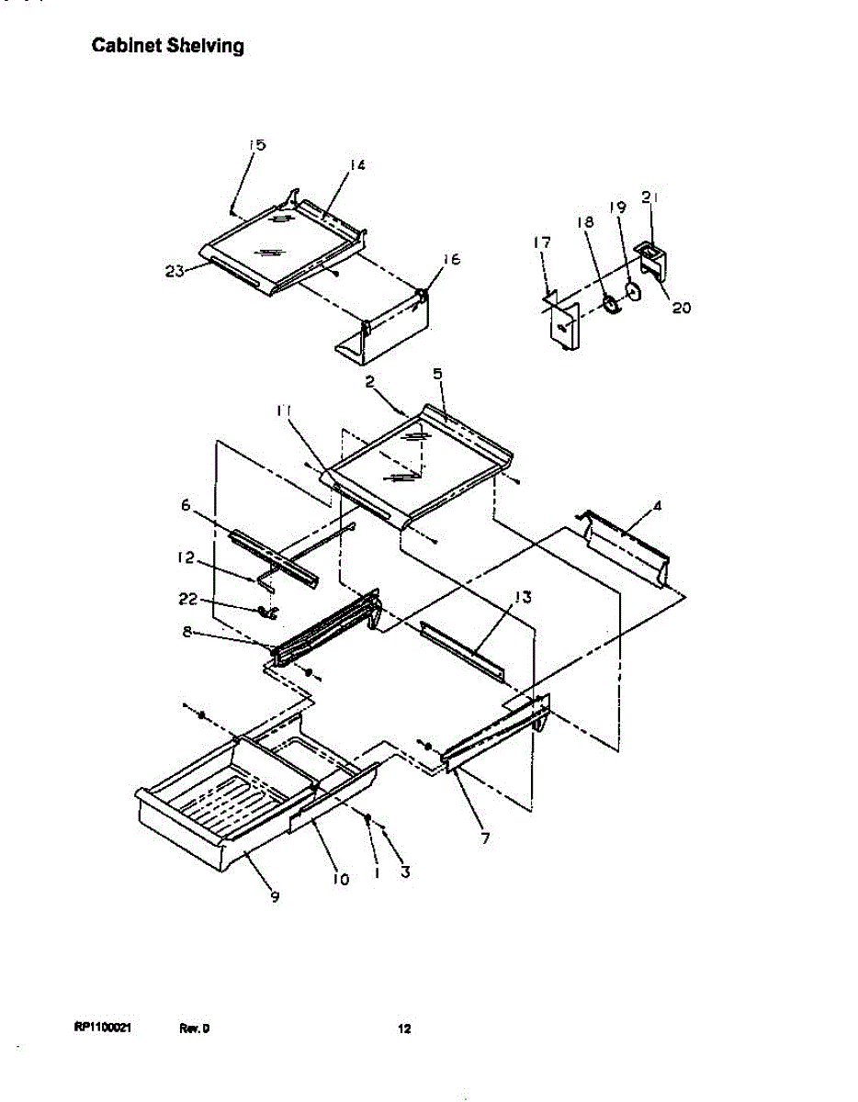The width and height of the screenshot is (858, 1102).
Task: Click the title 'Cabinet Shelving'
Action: pyautogui.click(x=167, y=46)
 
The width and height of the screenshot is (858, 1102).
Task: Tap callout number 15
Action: pyautogui.click(x=256, y=145)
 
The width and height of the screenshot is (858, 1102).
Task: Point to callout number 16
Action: pyautogui.click(x=450, y=261)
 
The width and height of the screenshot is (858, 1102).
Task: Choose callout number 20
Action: pyautogui.click(x=681, y=308)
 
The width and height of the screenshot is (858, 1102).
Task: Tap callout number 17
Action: pyautogui.click(x=542, y=242)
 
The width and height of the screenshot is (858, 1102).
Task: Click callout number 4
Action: pyautogui.click(x=658, y=505)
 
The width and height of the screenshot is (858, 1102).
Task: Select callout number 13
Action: pyautogui.click(x=523, y=597)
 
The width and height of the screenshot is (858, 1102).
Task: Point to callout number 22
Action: pyautogui.click(x=186, y=600)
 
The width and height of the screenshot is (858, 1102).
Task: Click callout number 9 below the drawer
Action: pyautogui.click(x=275, y=897)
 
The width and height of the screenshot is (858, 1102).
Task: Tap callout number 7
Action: pyautogui.click(x=484, y=838)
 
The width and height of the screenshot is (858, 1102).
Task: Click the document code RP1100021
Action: pyautogui.click(x=103, y=1029)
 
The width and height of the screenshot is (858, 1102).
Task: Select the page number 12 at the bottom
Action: pyautogui.click(x=403, y=1029)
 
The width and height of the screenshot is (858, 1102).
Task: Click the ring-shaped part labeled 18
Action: pyautogui.click(x=610, y=304)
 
